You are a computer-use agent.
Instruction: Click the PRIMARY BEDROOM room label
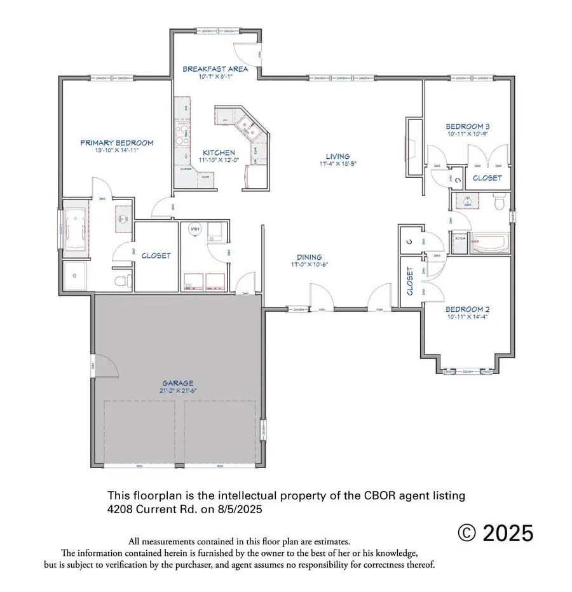[117, 143]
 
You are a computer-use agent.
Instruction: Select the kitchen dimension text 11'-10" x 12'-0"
[219, 161]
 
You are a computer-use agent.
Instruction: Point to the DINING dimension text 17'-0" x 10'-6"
[309, 265]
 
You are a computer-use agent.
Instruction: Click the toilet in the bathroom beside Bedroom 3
[500, 203]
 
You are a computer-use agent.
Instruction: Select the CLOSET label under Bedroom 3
[487, 178]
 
